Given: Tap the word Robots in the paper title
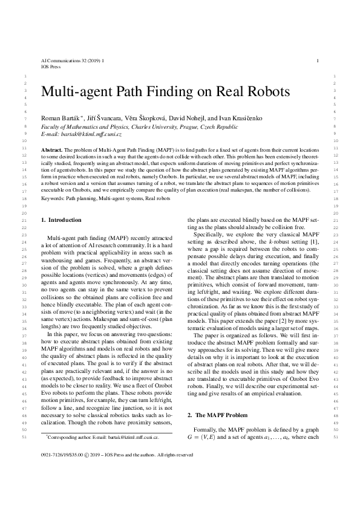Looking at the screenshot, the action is tap(264, 92).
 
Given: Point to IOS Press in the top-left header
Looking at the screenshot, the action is tap(51, 68).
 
